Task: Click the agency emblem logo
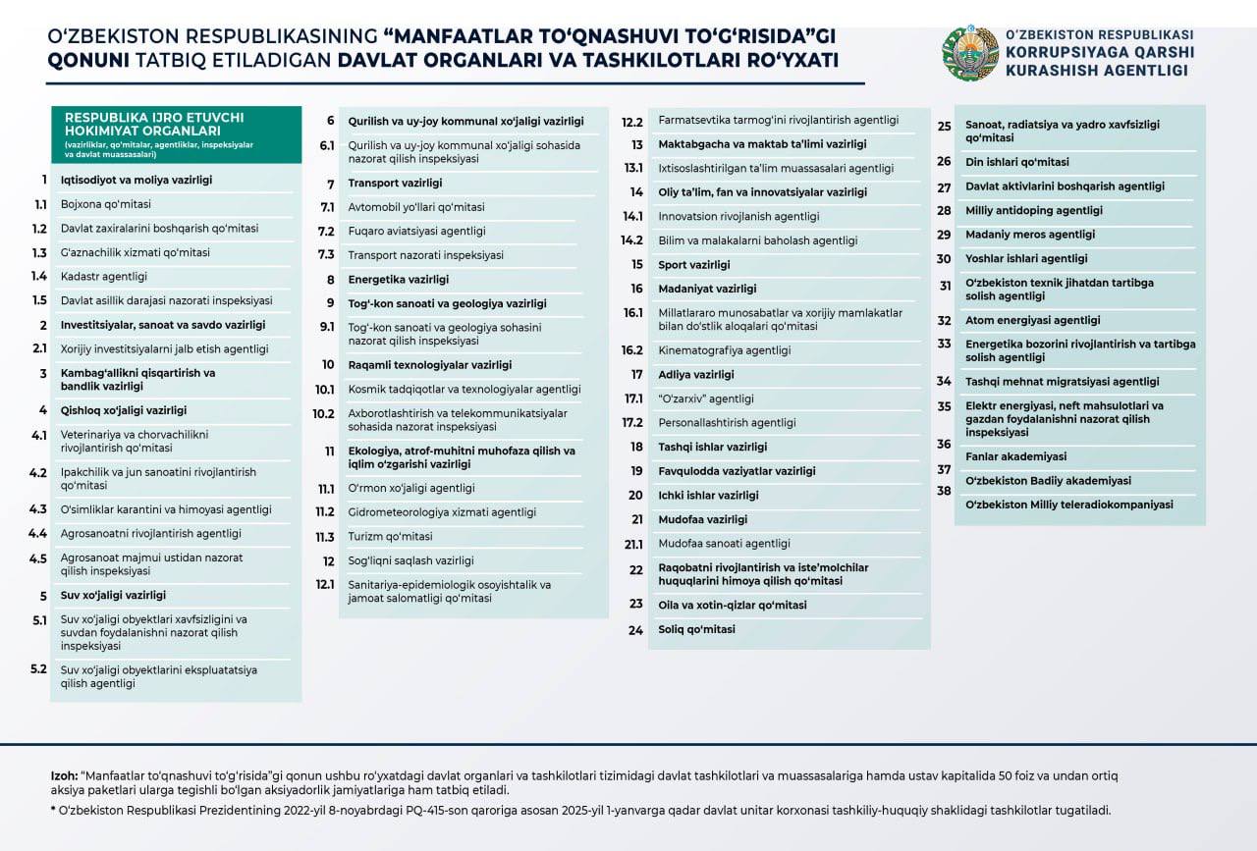pyautogui.click(x=970, y=54)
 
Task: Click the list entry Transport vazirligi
pyautogui.click(x=395, y=184)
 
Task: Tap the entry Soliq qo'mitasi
pyautogui.click(x=696, y=629)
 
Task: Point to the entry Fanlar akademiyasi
pyautogui.click(x=1015, y=456)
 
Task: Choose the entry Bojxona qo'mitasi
pyautogui.click(x=106, y=204)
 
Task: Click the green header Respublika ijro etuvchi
pyautogui.click(x=175, y=133)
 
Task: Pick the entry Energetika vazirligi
pyautogui.click(x=398, y=280)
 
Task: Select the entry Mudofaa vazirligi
pyautogui.click(x=702, y=519)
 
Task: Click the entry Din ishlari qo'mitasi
pyautogui.click(x=1016, y=162)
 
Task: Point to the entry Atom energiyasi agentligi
pyautogui.click(x=1032, y=320)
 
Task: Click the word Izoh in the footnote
pyautogui.click(x=64, y=775)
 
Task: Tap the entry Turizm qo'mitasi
pyautogui.click(x=390, y=537)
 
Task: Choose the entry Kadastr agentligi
pyautogui.click(x=104, y=277)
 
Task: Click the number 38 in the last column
pyautogui.click(x=944, y=491)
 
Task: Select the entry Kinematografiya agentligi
pyautogui.click(x=724, y=350)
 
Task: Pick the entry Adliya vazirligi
pyautogui.click(x=695, y=375)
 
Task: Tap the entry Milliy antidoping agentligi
pyautogui.click(x=1033, y=210)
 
